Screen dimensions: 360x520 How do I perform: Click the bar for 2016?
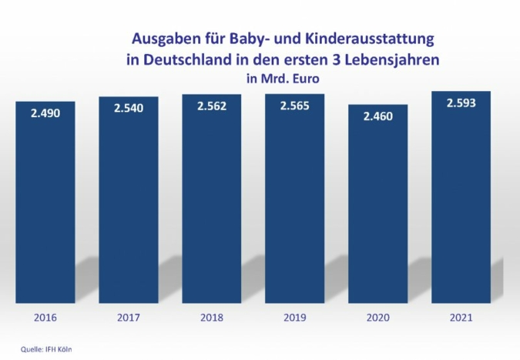tap(45, 208)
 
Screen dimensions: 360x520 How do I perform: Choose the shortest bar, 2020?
tap(377, 212)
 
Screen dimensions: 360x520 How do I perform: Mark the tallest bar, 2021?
tap(461, 204)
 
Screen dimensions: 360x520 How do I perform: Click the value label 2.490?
tap(45, 113)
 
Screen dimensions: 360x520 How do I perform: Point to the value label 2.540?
tap(128, 109)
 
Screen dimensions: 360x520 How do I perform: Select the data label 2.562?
tap(211, 106)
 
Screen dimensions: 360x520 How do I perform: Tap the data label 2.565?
tap(294, 106)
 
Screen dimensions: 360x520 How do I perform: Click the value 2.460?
tap(377, 116)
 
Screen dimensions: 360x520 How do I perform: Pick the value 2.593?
tap(461, 103)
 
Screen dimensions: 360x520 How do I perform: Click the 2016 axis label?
tap(45, 317)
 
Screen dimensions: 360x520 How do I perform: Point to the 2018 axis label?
tap(211, 317)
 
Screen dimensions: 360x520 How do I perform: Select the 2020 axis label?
tap(377, 317)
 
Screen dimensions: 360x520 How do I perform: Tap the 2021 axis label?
tap(461, 317)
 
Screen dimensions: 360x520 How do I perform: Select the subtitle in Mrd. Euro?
tap(282, 78)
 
